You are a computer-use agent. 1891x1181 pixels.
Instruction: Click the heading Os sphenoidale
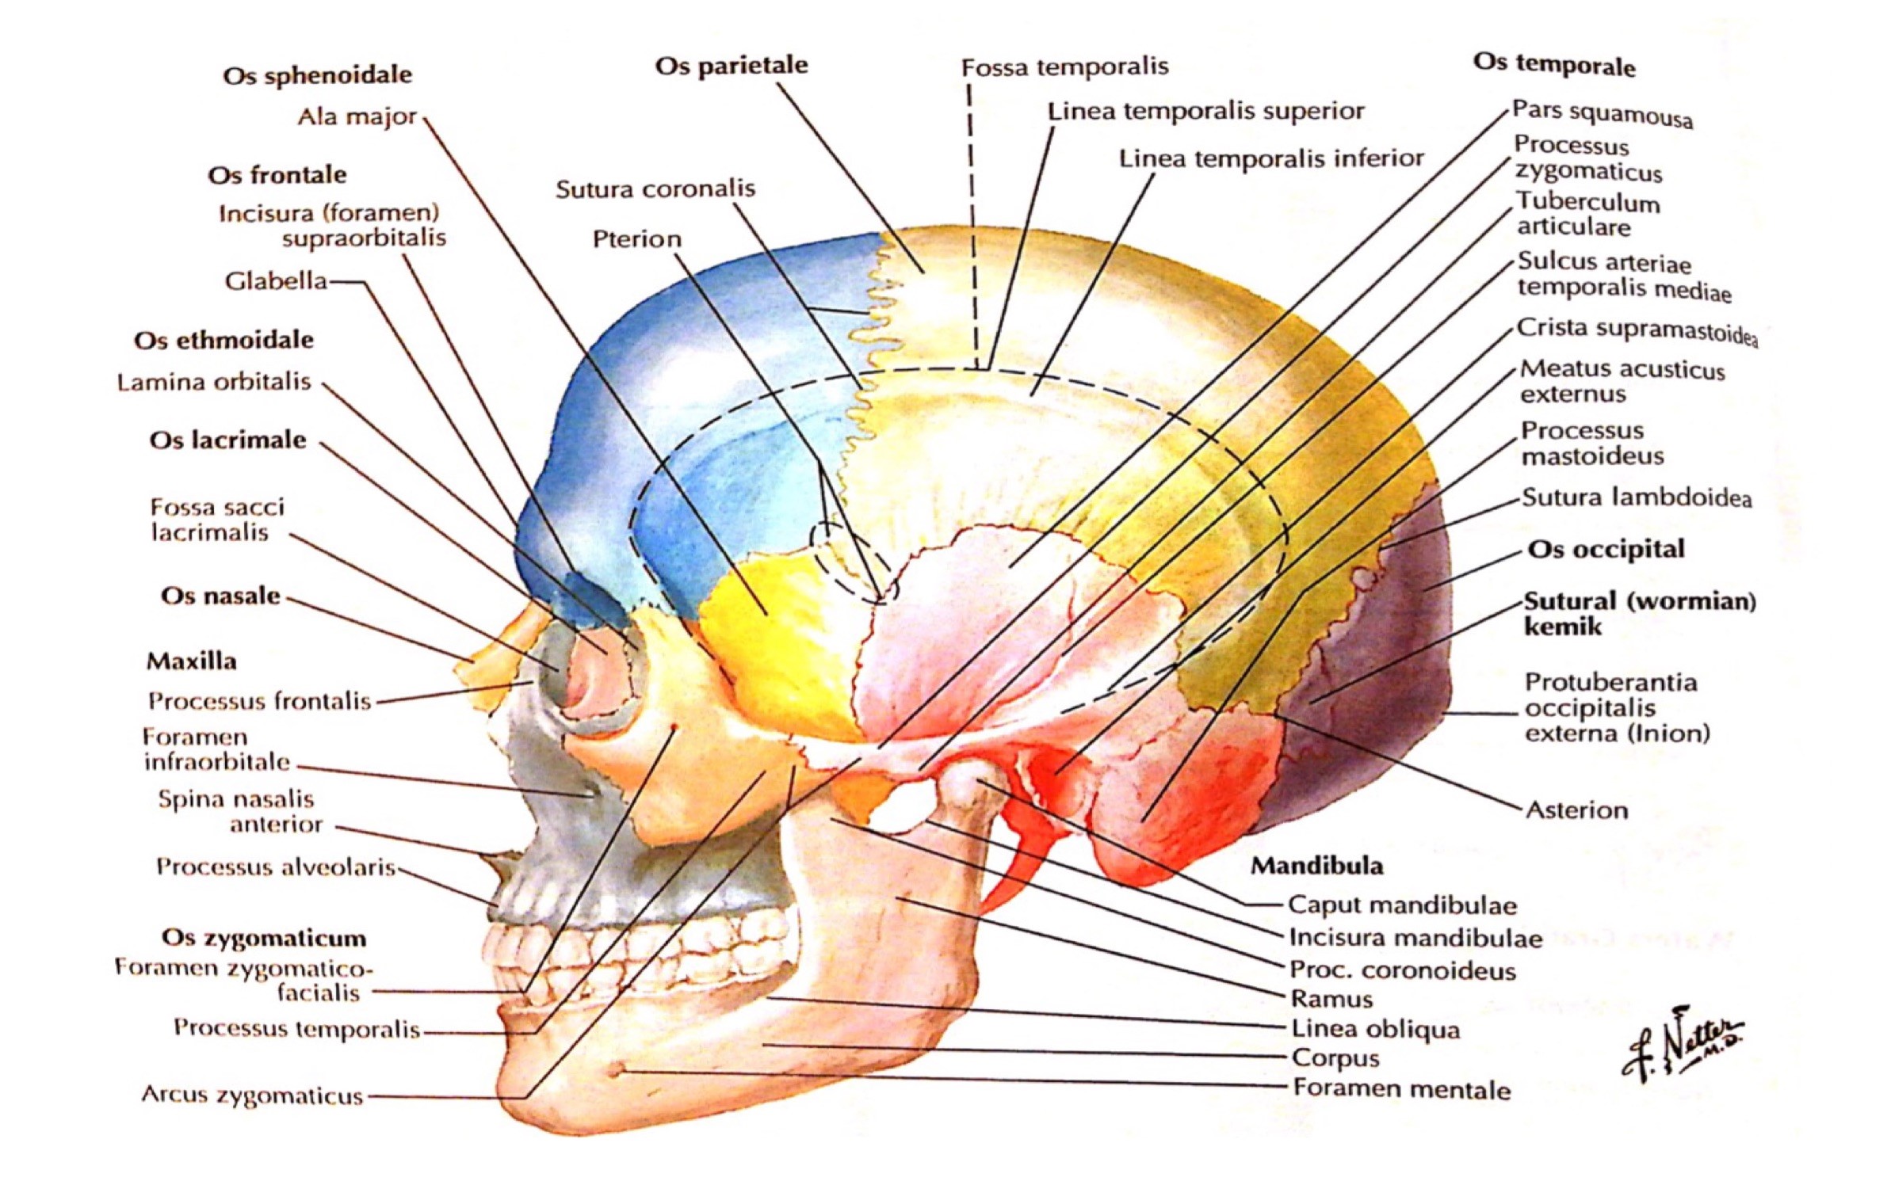click(317, 75)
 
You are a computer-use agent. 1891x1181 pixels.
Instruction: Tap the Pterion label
click(636, 239)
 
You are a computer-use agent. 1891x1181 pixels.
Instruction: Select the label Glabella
click(276, 281)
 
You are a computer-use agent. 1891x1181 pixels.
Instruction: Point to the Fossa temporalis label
click(1064, 67)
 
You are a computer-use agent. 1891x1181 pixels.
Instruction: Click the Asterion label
click(1576, 810)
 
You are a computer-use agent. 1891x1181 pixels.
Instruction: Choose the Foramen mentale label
click(1401, 1090)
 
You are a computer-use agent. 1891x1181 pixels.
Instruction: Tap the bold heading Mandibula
click(1316, 866)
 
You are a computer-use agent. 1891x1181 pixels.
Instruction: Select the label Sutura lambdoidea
click(1636, 498)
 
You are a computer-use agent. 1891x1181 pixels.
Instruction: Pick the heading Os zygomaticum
click(264, 939)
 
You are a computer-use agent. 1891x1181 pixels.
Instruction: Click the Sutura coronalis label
click(655, 189)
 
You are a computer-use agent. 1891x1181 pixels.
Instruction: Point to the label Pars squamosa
click(1602, 113)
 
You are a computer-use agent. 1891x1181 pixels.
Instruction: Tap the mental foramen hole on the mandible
click(617, 1072)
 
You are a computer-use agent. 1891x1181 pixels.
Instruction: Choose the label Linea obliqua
click(1375, 1029)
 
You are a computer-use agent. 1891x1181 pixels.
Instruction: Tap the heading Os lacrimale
click(227, 440)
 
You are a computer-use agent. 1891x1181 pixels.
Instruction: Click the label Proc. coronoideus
click(1402, 970)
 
